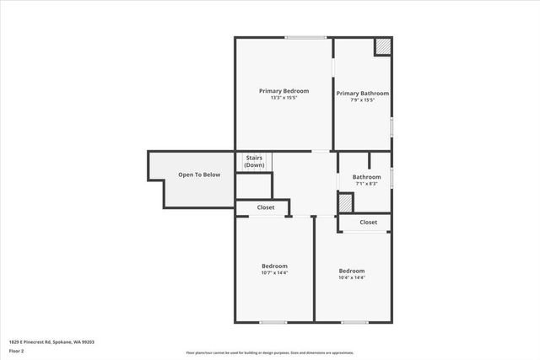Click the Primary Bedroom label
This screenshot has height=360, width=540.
click(283, 91)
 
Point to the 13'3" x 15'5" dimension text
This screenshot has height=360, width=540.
click(283, 99)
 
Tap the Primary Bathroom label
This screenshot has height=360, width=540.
click(363, 93)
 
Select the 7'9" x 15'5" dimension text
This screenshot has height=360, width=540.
click(363, 100)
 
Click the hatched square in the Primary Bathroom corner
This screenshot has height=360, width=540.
click(384, 46)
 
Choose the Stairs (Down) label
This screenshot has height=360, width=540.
click(254, 161)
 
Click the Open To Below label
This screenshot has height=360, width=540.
click(199, 175)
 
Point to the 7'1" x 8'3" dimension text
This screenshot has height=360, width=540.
click(366, 184)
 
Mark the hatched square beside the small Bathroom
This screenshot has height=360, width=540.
click(345, 202)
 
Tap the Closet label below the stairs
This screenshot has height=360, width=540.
click(266, 207)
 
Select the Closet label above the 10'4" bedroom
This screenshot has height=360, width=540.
click(369, 223)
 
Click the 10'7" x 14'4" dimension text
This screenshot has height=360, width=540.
click(275, 272)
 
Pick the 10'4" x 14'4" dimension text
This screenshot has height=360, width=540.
click(352, 277)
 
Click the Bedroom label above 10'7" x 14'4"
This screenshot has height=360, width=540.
click(275, 266)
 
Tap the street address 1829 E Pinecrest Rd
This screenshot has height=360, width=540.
click(51, 341)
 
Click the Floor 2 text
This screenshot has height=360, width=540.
click(17, 351)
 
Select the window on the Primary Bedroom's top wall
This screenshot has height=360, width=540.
click(305, 37)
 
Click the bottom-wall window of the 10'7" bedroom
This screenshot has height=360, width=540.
click(273, 322)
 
